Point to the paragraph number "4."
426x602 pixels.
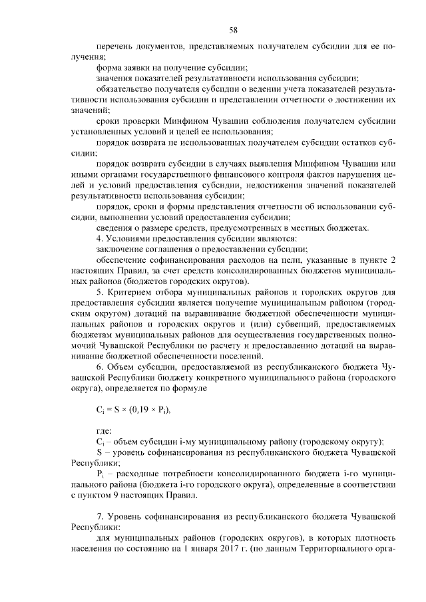coord(101,238)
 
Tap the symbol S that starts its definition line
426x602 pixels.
coord(99,452)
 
